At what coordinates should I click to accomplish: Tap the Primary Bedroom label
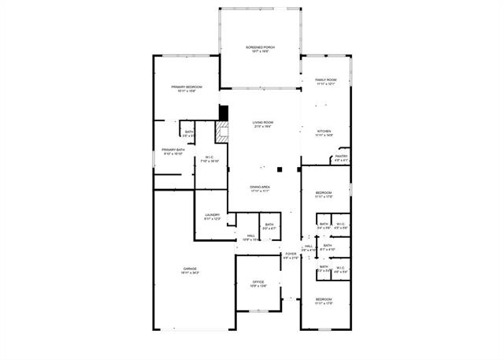[x=187, y=87]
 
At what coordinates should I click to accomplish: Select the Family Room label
[x=325, y=80]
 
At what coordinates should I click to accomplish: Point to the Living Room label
[x=262, y=122]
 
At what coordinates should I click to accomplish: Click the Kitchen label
[x=324, y=131]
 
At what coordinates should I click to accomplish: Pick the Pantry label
[x=341, y=156]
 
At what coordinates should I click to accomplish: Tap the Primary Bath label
[x=173, y=150]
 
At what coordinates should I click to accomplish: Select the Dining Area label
[x=260, y=187]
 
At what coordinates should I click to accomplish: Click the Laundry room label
[x=212, y=214]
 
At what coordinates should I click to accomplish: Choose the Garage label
[x=189, y=269]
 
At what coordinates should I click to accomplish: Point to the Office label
[x=258, y=281]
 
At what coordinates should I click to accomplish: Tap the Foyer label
[x=291, y=254]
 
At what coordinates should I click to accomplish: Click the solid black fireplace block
[x=223, y=113]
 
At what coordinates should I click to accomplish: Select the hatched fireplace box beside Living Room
[x=222, y=133]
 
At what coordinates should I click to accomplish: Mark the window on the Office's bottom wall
[x=258, y=311]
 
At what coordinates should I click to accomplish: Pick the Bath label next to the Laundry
[x=269, y=225]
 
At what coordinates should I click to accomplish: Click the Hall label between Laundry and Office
[x=250, y=235]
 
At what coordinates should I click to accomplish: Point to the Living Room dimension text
[x=262, y=127]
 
